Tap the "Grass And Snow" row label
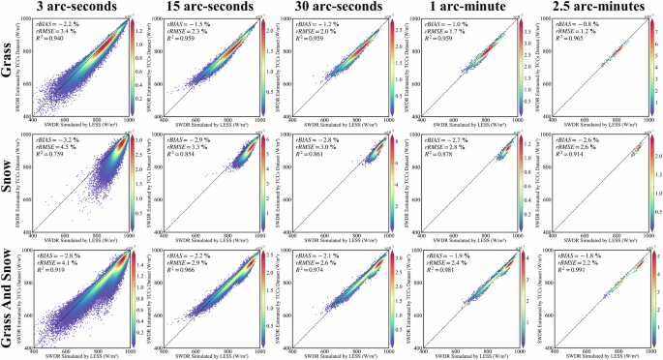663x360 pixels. (9, 295)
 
